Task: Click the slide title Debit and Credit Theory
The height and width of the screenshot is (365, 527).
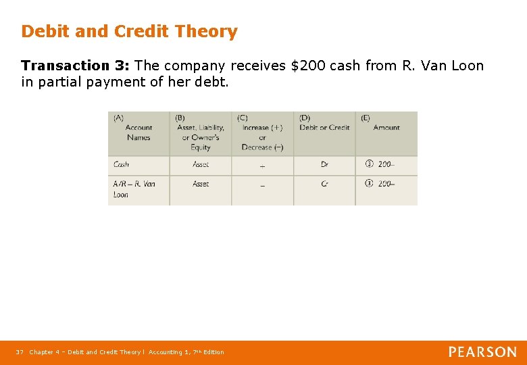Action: [x=129, y=32]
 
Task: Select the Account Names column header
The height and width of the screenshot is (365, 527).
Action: [x=139, y=132]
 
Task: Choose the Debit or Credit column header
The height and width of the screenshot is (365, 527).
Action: [x=324, y=127]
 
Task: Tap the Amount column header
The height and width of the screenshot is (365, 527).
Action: [x=386, y=127]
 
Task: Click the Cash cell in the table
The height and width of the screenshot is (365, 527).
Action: [x=122, y=164]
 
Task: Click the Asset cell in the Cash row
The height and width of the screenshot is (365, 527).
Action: [x=201, y=164]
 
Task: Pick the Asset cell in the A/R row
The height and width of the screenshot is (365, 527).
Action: [x=201, y=184]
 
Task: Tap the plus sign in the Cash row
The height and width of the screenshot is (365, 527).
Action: [x=262, y=166]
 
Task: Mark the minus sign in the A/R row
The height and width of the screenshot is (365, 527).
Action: [x=262, y=185]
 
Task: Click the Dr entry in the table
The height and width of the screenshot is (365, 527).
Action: [x=324, y=164]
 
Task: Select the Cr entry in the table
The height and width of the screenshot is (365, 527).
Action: [x=324, y=184]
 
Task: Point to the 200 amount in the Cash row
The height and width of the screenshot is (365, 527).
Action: [x=386, y=164]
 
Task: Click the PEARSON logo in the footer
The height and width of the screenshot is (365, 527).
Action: [x=483, y=352]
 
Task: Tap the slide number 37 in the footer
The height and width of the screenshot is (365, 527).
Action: [x=20, y=352]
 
